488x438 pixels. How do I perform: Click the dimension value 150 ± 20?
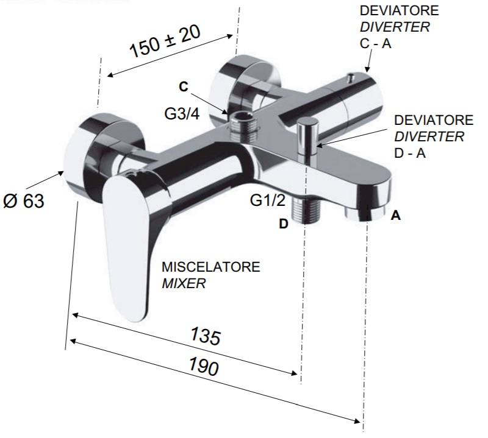[165, 41]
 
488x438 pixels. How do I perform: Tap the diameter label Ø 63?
[24, 201]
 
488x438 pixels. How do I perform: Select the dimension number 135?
[205, 336]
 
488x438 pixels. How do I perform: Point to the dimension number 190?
[204, 366]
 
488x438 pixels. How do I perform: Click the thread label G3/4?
[182, 114]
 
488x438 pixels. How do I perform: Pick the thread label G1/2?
[268, 200]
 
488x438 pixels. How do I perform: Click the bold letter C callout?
[184, 87]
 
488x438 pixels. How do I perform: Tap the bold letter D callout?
[284, 224]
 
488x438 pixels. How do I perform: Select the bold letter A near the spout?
[395, 215]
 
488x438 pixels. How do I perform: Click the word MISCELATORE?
[210, 267]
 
